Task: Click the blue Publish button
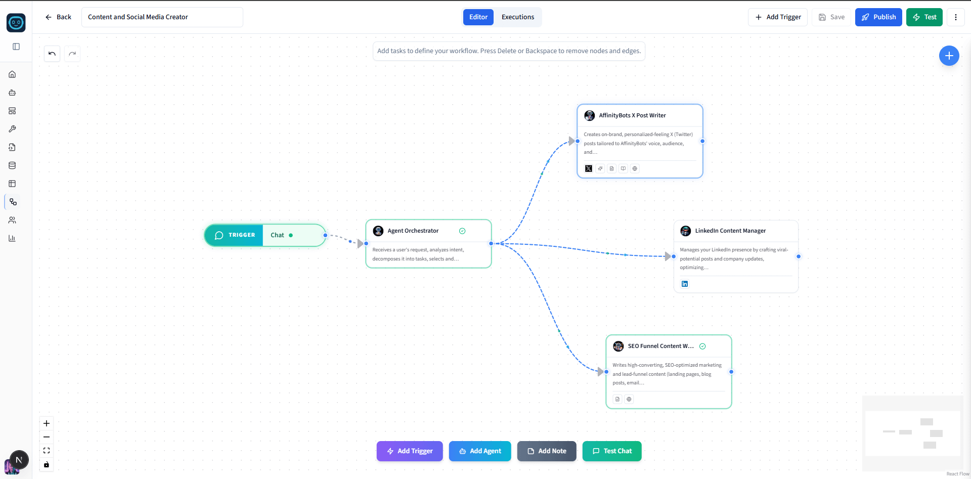[878, 17]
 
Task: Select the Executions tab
[518, 17]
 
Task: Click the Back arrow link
[58, 17]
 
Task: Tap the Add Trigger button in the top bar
[778, 17]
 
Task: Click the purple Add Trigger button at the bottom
[410, 451]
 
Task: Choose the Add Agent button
[480, 451]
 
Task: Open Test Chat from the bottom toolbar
[612, 451]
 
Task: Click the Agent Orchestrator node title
[413, 231]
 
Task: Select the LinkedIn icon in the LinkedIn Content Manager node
[685, 284]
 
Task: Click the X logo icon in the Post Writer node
[589, 168]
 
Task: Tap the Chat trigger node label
[277, 235]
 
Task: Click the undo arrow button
[52, 54]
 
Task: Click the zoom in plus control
[47, 423]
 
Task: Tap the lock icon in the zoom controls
[47, 464]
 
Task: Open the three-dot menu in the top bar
[956, 17]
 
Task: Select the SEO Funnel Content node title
[661, 346]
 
